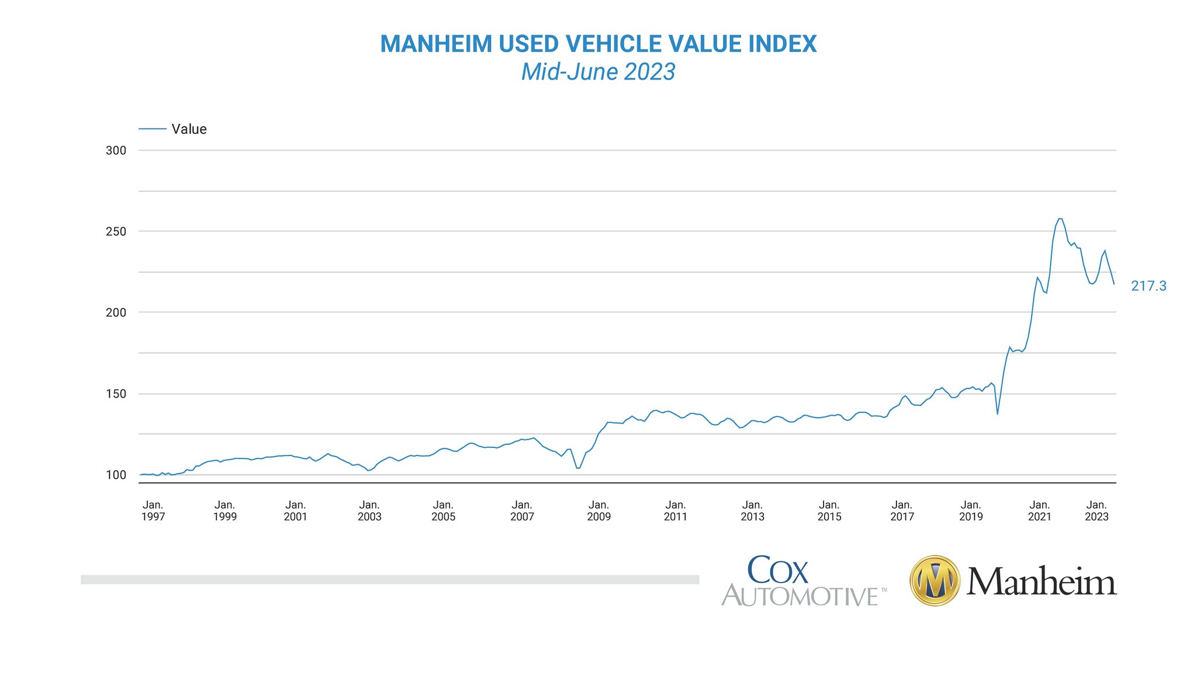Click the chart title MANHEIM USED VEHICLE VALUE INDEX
point(598,44)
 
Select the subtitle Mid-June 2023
point(598,72)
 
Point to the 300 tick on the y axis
point(116,150)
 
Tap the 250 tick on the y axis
point(116,232)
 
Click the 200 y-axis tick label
point(116,312)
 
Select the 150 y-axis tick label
point(116,394)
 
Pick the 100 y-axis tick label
point(116,475)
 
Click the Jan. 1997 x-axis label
point(153,510)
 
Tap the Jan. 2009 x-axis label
point(598,510)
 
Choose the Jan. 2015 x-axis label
point(829,510)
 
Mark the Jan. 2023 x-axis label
point(1096,510)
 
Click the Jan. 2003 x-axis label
point(369,510)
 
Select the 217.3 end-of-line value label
point(1148,286)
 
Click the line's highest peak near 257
point(1060,219)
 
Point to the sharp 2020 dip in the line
point(997,413)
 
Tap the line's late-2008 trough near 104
point(578,468)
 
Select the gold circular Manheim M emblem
point(935,581)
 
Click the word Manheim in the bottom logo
point(1041,582)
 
